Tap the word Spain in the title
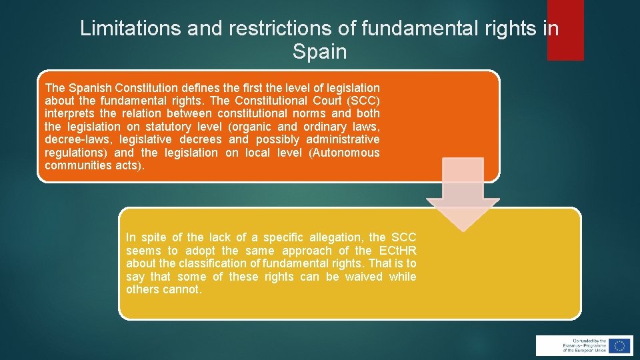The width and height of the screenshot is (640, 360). pyautogui.click(x=319, y=52)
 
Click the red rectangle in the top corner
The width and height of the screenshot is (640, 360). pyautogui.click(x=565, y=30)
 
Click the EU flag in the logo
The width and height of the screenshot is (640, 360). pyautogui.click(x=619, y=345)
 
